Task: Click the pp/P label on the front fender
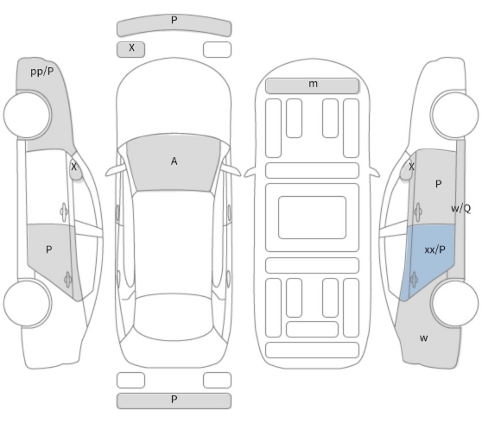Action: (42, 72)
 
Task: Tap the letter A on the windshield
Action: (174, 161)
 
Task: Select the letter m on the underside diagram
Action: (313, 84)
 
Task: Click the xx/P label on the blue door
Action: (434, 249)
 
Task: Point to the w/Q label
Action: (460, 209)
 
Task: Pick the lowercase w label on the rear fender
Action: (423, 338)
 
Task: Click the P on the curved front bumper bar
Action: (174, 20)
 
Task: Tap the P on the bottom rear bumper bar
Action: (174, 400)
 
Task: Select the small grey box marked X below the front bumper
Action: (130, 49)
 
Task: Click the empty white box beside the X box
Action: (217, 49)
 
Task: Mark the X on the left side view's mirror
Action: (73, 167)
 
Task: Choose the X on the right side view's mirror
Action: (411, 167)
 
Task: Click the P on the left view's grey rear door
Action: (48, 249)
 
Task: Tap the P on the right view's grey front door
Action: (438, 184)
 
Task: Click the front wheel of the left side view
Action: (28, 115)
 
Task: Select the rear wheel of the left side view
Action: (28, 303)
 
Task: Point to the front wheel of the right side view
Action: (454, 115)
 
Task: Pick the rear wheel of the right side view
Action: (454, 303)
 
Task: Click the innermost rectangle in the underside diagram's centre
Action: (312, 218)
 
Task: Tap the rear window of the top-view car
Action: (174, 317)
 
